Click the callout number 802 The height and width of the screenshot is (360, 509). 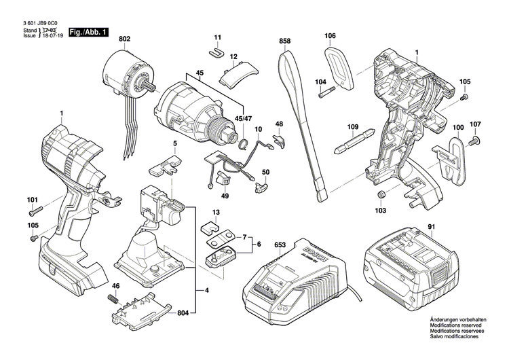[124, 40]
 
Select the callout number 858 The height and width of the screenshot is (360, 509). [285, 41]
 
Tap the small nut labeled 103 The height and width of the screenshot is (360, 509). [381, 196]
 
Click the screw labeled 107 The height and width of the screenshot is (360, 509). [474, 141]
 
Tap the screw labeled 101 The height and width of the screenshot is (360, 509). [37, 209]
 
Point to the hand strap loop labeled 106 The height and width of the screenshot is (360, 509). [337, 67]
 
